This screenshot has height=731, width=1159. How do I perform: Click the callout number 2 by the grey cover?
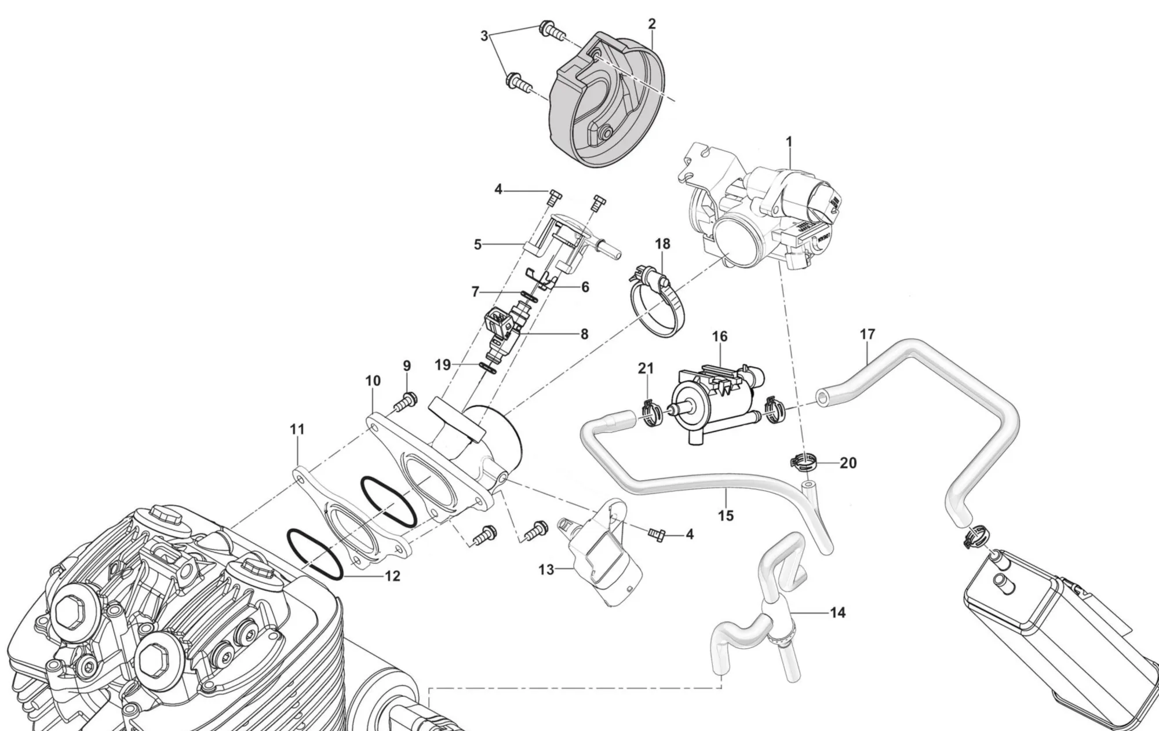(652, 24)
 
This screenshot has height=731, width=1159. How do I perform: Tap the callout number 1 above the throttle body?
(789, 141)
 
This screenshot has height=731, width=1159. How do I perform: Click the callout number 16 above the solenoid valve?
(720, 337)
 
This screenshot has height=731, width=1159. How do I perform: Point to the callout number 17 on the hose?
(868, 334)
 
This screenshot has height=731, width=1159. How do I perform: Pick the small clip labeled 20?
(804, 462)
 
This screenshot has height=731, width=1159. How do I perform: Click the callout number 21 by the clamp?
(646, 368)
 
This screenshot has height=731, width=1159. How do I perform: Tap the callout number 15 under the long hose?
(726, 515)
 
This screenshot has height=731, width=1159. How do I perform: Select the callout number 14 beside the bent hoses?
(838, 612)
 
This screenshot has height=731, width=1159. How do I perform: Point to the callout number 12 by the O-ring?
(393, 576)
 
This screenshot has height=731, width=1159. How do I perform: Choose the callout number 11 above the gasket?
(297, 430)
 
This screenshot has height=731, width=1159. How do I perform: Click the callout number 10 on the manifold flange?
(373, 381)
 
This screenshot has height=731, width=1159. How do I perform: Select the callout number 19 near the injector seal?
(443, 365)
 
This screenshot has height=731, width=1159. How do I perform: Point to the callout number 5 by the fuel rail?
(478, 244)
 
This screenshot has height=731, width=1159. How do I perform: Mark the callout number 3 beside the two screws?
(484, 36)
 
